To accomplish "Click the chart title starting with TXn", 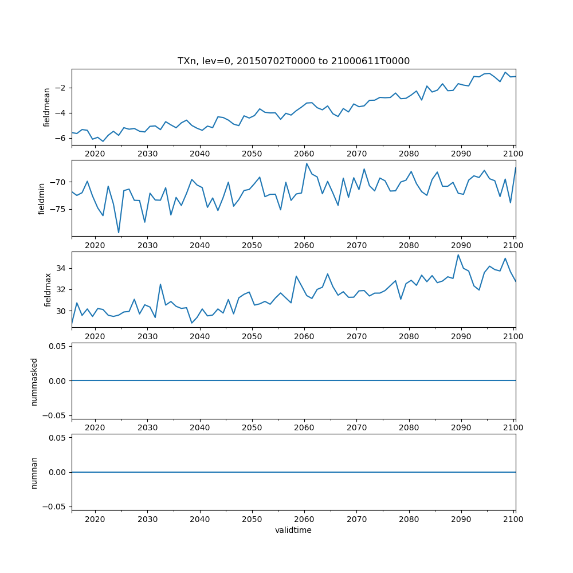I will (293, 61).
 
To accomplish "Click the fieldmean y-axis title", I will (47, 107).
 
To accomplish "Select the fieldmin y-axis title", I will (41, 198).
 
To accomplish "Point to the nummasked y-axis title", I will (34, 380).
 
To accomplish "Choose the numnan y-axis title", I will (34, 472).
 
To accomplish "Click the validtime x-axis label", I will (293, 531).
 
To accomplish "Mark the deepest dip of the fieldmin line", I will (119, 233).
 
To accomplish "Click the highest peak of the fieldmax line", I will (458, 254).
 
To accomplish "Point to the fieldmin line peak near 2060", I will (307, 163).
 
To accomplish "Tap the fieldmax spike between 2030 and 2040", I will (160, 284).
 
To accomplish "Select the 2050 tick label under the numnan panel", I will (252, 519).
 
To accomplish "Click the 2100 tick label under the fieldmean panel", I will (513, 154).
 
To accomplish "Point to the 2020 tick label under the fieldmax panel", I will (95, 336).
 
